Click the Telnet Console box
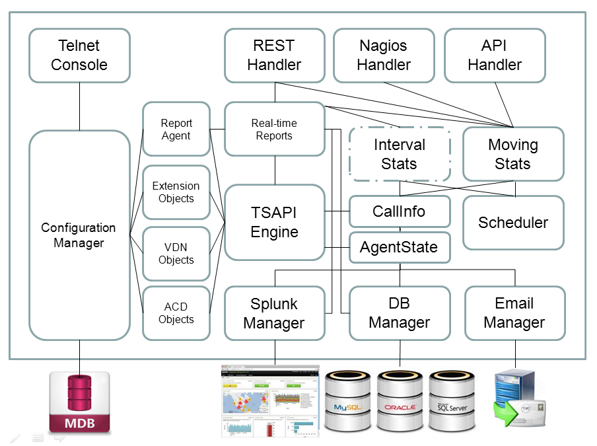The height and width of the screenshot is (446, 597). click(x=79, y=56)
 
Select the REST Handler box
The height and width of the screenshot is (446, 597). click(x=274, y=56)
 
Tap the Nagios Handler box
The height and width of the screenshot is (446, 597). click(x=384, y=56)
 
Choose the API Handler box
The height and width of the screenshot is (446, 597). click(x=495, y=56)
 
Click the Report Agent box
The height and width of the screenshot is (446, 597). click(x=176, y=129)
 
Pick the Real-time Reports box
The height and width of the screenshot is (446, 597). click(x=274, y=129)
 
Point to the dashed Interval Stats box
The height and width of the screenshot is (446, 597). click(x=399, y=154)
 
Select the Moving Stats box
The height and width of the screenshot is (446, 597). click(x=513, y=154)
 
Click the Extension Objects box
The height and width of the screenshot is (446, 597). click(x=176, y=192)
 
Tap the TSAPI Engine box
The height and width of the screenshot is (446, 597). click(x=274, y=222)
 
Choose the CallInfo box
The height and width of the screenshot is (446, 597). click(x=399, y=211)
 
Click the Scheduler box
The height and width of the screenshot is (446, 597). click(x=513, y=223)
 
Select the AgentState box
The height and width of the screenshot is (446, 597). click(x=399, y=248)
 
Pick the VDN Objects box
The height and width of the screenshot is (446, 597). click(x=176, y=254)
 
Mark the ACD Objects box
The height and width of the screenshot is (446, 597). click(x=176, y=313)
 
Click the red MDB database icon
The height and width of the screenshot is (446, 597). click(x=79, y=402)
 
